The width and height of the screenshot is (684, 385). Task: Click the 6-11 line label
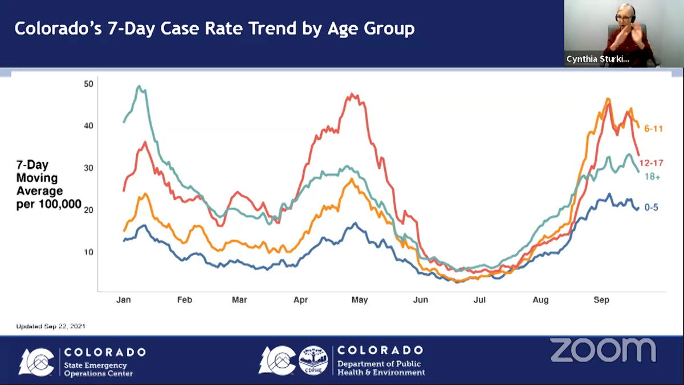[x=654, y=129]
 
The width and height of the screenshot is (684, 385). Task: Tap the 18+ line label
[x=652, y=177]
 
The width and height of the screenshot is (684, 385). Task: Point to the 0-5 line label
[x=652, y=208]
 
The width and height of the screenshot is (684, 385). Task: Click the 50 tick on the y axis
[x=88, y=84]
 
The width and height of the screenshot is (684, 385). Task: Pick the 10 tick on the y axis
[x=88, y=252]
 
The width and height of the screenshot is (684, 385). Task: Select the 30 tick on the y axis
[x=88, y=168]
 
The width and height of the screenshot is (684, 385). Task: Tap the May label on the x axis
[x=360, y=300]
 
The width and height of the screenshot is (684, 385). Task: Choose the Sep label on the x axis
[x=601, y=300]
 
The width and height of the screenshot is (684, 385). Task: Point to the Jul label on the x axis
[x=479, y=300]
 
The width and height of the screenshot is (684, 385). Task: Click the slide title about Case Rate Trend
[x=214, y=29]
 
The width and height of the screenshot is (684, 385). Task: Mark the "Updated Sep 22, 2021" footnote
[x=51, y=326]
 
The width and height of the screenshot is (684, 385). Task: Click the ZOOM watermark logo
[x=603, y=350]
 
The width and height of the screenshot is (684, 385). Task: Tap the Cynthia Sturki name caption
[x=598, y=59]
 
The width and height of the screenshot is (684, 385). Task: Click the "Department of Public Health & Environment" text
[x=381, y=368]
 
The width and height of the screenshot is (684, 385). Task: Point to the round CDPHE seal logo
[x=313, y=360]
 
